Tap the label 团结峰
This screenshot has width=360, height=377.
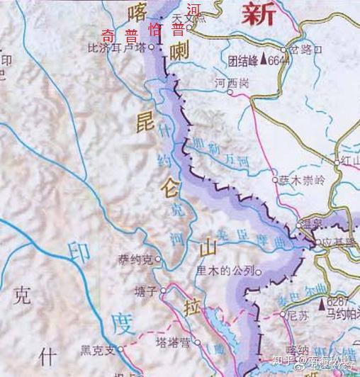pyautogui.click(x=240, y=61)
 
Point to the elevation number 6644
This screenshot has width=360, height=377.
pyautogui.click(x=282, y=62)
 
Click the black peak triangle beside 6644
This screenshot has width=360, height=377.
pyautogui.click(x=264, y=61)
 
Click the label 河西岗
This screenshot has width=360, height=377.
pyautogui.click(x=233, y=84)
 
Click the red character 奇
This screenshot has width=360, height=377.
pyautogui.click(x=108, y=35)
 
